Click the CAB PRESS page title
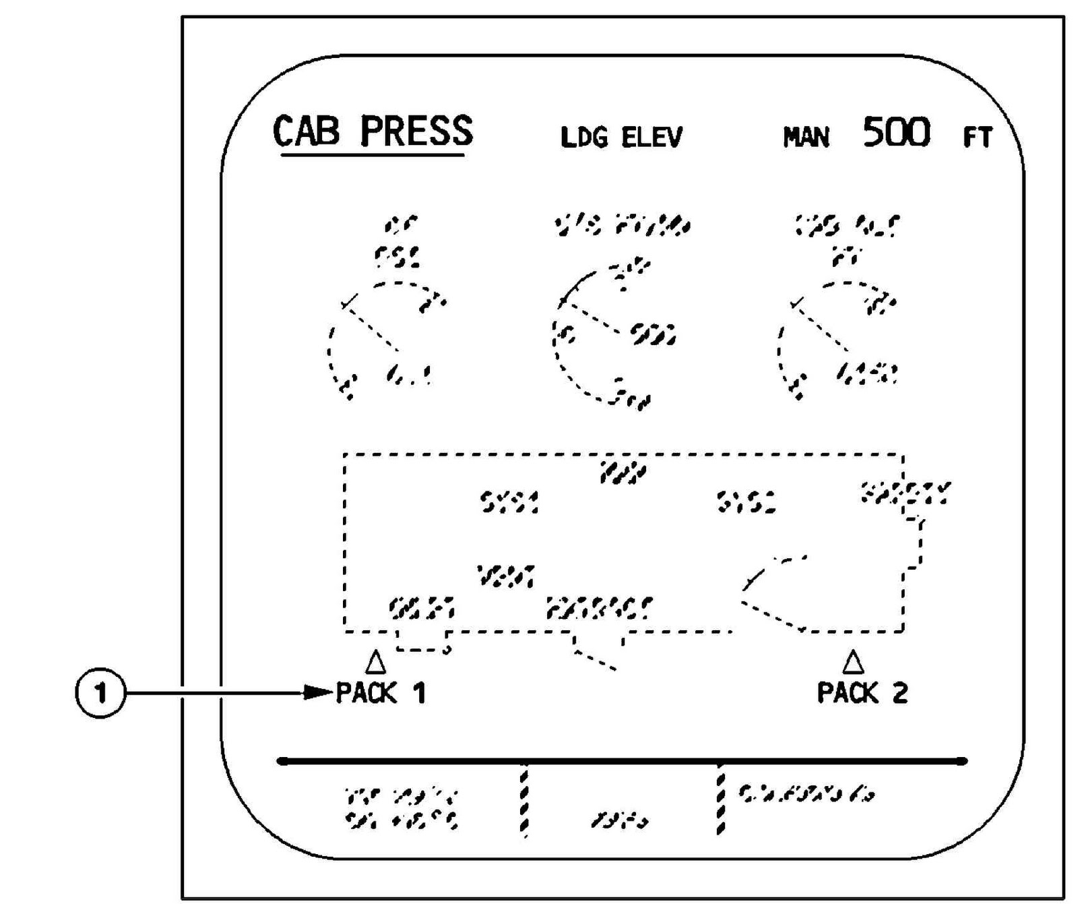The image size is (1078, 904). (x=373, y=131)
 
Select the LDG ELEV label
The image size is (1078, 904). (x=621, y=138)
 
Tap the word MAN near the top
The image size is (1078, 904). (x=806, y=138)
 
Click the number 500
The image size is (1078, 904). (x=897, y=132)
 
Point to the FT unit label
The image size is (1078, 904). (x=977, y=138)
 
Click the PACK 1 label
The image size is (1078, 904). (x=381, y=693)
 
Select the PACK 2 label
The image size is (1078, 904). (x=862, y=693)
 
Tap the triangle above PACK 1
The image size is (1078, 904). (x=375, y=662)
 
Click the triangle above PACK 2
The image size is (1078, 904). (x=853, y=662)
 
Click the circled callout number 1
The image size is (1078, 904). (x=100, y=692)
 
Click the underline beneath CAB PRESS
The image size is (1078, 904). (x=373, y=156)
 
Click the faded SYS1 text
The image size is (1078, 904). (x=509, y=502)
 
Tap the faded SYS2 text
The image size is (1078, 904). (x=746, y=502)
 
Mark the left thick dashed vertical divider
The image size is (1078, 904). (x=524, y=800)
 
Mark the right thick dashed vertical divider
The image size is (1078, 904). (x=720, y=800)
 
